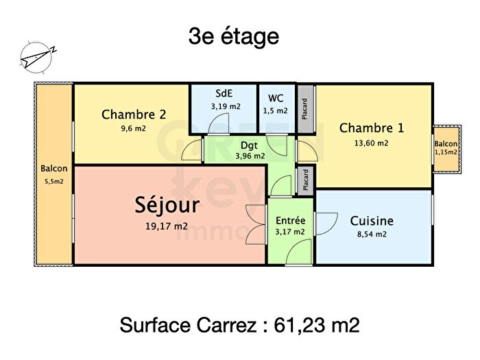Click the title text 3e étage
(x=233, y=36)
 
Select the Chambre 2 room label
(x=134, y=115)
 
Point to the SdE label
(x=224, y=94)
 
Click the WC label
(x=276, y=97)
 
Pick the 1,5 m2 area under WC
(x=276, y=110)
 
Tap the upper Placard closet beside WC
(x=305, y=110)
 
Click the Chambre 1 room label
(x=372, y=128)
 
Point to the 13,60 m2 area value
(x=372, y=143)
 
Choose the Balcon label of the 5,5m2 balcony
(x=53, y=169)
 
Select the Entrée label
(x=290, y=221)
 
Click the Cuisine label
(x=372, y=221)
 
